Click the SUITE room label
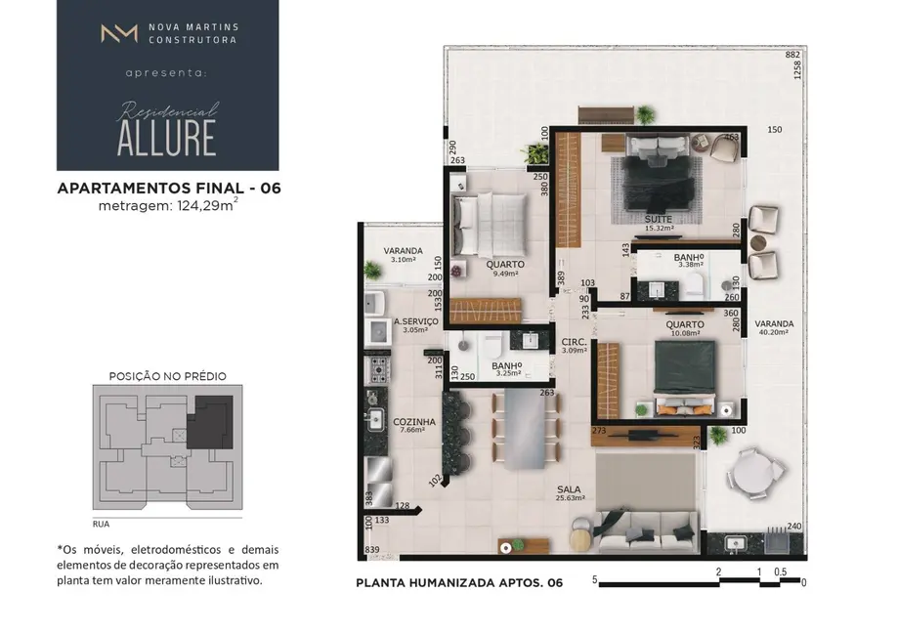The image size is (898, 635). tap(658, 219)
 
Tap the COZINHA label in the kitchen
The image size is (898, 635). tap(413, 422)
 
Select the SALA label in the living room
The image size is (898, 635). tap(570, 487)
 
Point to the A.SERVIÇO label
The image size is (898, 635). tap(415, 321)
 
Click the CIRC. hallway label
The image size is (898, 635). tap(574, 342)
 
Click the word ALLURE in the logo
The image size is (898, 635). tap(166, 140)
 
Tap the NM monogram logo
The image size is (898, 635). tap(119, 33)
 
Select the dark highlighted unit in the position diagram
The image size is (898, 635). tap(210, 421)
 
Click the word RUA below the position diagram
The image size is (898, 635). tap(101, 522)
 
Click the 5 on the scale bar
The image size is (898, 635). tap(594, 580)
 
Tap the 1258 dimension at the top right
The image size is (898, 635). tap(798, 70)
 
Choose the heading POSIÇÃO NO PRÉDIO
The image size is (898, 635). tap(167, 375)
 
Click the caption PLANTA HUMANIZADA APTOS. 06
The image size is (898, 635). tap(459, 583)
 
